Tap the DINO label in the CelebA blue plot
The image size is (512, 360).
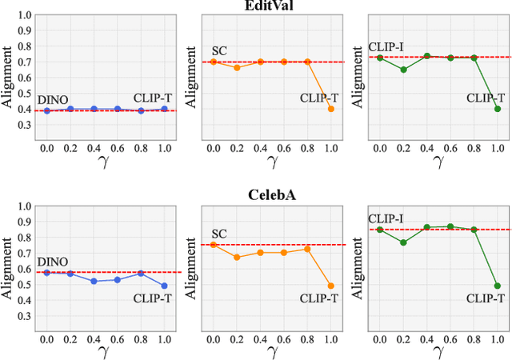(x=53, y=261)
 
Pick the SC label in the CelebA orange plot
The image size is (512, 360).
(x=219, y=233)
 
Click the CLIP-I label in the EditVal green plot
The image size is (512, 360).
(x=387, y=46)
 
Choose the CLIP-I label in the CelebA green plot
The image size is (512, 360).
(x=387, y=218)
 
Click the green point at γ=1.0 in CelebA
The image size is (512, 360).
(x=497, y=286)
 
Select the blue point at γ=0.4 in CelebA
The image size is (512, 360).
(x=94, y=282)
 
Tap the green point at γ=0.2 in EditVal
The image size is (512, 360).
(x=404, y=70)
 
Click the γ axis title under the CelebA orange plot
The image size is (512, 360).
(x=272, y=351)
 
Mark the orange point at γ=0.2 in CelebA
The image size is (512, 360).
(x=237, y=257)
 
